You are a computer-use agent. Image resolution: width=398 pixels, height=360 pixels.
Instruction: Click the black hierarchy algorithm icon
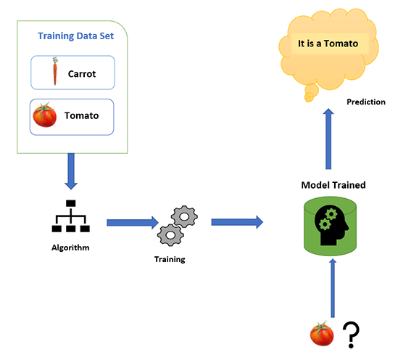[70, 217]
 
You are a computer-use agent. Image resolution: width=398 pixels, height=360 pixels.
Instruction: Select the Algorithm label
[70, 247]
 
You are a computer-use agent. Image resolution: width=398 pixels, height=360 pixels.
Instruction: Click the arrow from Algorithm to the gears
[132, 222]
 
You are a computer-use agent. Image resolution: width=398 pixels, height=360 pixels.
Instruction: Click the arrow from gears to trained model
[236, 222]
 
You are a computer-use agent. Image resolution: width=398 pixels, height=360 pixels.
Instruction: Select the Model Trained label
[333, 185]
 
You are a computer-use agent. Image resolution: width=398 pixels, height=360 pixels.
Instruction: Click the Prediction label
[365, 102]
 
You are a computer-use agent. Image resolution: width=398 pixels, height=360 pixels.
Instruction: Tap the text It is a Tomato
[328, 44]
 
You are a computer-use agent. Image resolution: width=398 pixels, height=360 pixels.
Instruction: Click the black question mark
[352, 335]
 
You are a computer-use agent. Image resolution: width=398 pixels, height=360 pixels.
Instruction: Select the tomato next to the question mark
[321, 334]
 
